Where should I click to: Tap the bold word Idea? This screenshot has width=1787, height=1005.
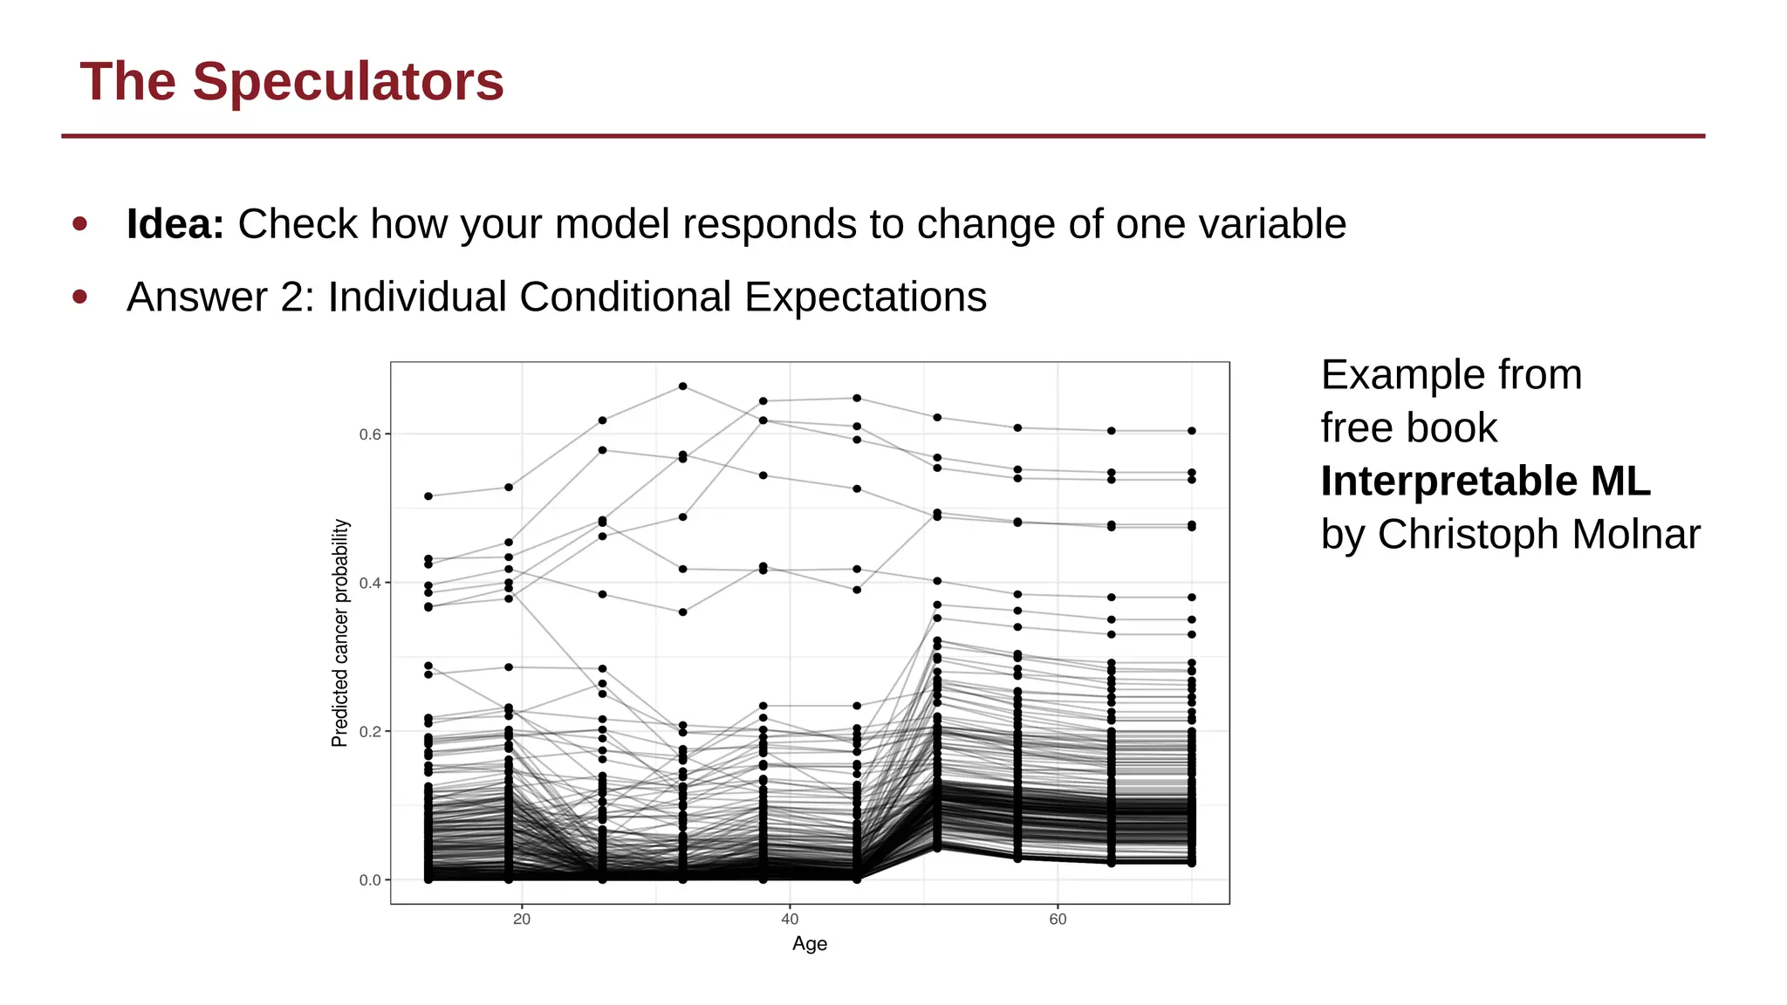[175, 224]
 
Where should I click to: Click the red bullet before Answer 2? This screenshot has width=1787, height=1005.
[80, 297]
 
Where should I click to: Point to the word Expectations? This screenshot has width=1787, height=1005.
[865, 297]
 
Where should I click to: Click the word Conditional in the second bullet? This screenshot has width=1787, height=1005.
[625, 297]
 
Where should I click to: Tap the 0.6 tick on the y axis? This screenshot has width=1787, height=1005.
[370, 434]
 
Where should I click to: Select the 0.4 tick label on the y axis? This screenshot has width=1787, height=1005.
[370, 583]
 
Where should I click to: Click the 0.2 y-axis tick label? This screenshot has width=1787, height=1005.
[370, 731]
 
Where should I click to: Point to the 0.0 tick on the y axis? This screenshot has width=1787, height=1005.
[370, 880]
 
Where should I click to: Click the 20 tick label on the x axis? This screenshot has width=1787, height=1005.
[522, 920]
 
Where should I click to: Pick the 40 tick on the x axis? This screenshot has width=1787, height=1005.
[790, 920]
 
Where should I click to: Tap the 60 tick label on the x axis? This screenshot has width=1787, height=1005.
[1058, 920]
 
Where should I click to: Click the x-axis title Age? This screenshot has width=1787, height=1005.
[810, 944]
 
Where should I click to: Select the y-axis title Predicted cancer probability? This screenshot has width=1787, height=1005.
[340, 633]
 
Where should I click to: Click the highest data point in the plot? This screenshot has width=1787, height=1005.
[683, 386]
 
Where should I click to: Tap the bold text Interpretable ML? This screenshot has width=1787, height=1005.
[1485, 482]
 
